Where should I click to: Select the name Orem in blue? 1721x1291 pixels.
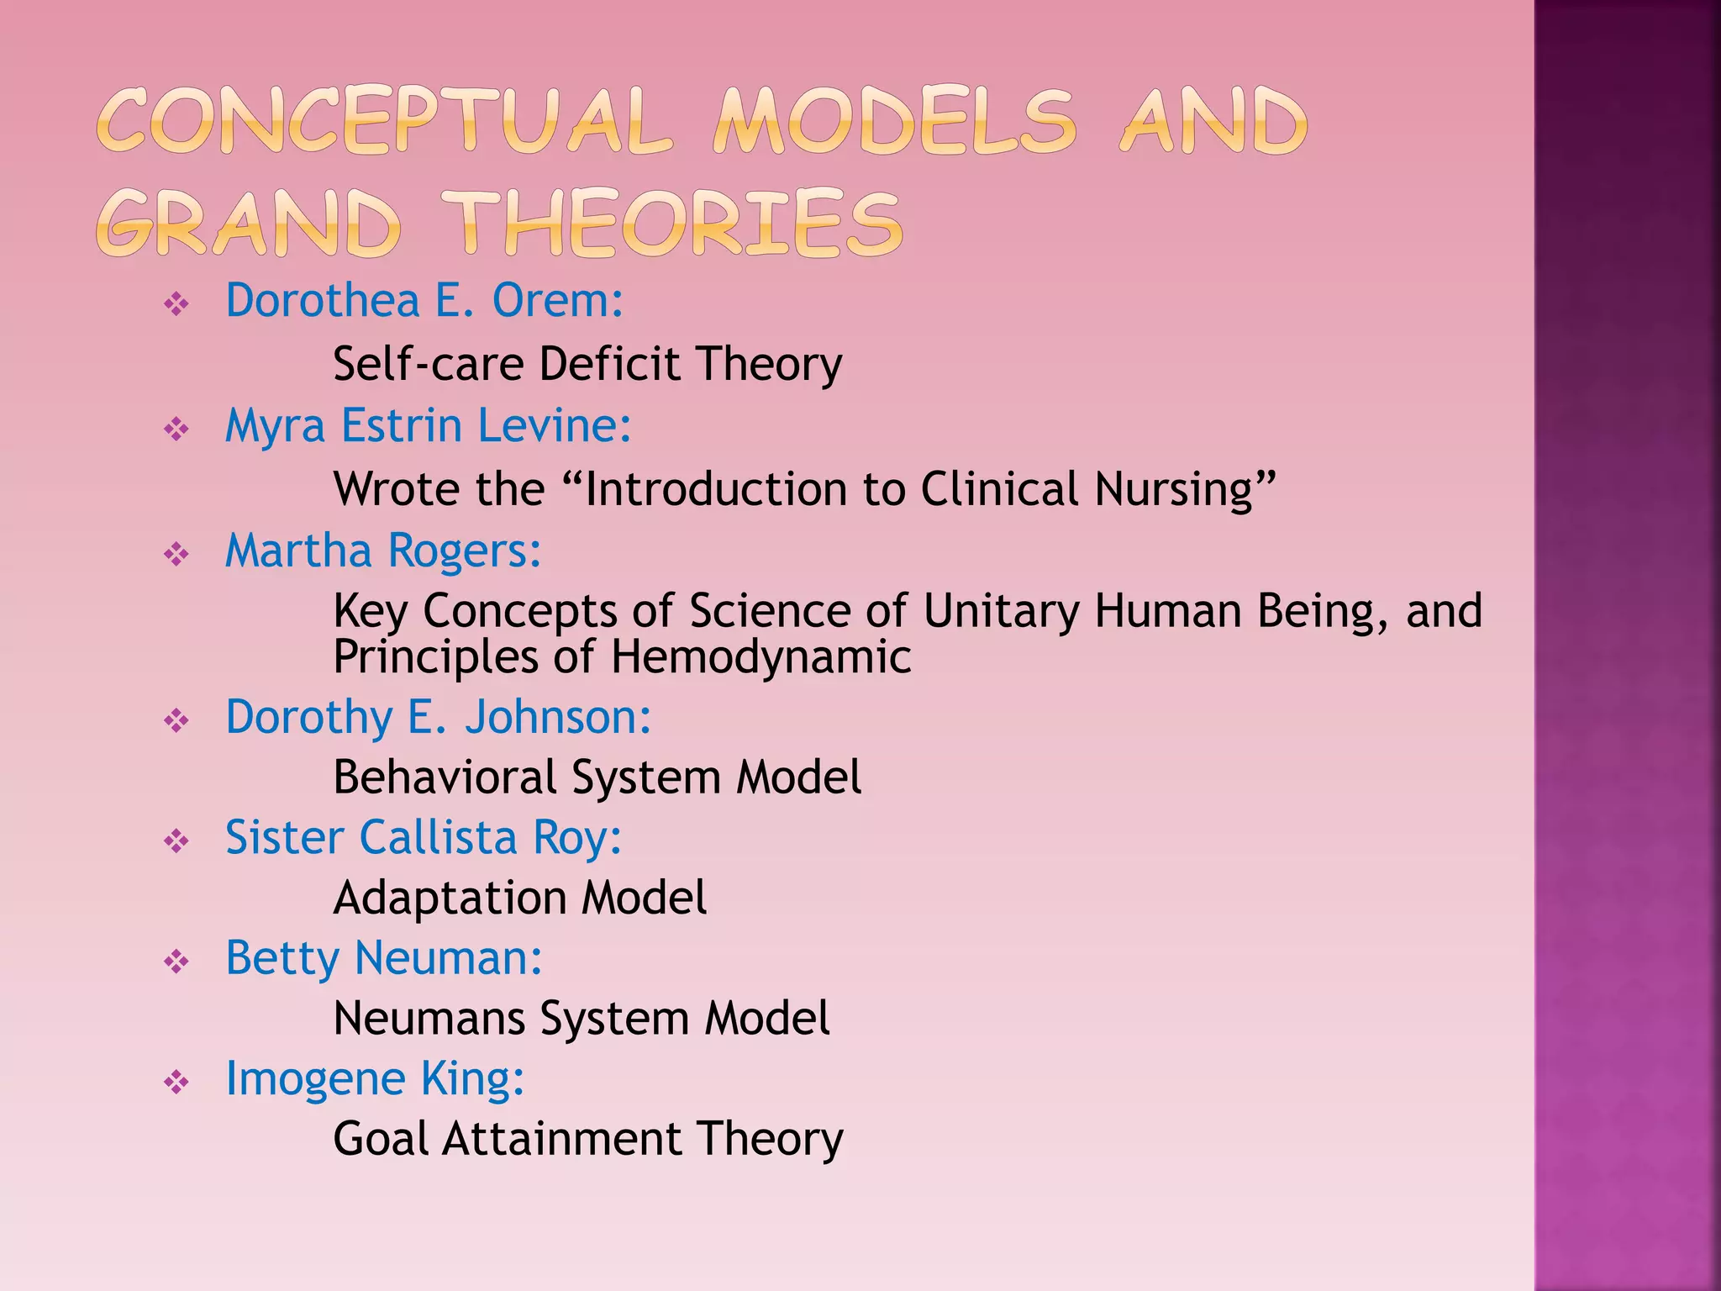tap(556, 300)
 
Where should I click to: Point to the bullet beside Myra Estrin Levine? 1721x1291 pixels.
tap(176, 429)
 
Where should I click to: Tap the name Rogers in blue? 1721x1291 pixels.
tap(464, 551)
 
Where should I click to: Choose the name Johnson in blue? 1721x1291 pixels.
tap(557, 717)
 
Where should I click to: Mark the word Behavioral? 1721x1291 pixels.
tap(444, 777)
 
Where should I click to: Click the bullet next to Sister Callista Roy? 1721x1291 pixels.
tap(176, 840)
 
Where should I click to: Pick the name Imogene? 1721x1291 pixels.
tap(315, 1079)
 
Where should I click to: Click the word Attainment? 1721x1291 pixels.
tap(561, 1139)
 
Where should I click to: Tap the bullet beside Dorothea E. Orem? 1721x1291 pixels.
tap(176, 303)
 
